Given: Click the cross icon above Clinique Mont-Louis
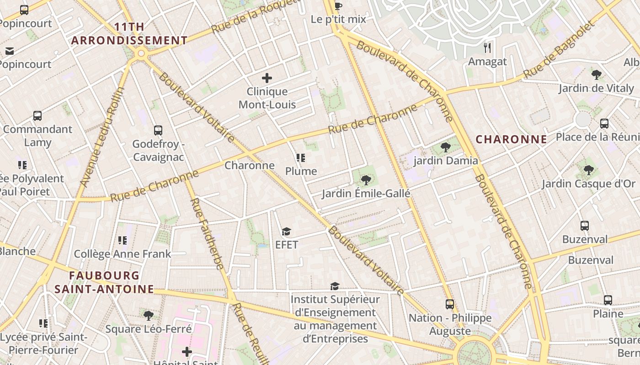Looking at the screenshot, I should [267, 78].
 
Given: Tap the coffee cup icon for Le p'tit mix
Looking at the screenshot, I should [338, 6].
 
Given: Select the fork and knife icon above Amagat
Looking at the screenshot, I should [488, 47].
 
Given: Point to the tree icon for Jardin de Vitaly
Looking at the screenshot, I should [596, 74].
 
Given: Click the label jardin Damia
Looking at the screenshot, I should [446, 161].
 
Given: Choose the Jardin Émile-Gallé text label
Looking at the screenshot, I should [366, 193].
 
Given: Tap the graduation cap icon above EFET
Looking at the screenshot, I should [286, 232].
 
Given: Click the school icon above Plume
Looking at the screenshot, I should [300, 158].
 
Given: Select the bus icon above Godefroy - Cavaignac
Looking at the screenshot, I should [158, 130].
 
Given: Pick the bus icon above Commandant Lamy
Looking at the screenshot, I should [37, 116].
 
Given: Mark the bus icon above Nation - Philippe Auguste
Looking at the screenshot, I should [450, 304].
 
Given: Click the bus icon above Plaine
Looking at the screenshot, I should [608, 300].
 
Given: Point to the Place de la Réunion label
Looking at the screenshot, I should [597, 137].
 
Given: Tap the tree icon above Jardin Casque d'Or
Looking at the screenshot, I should [588, 171].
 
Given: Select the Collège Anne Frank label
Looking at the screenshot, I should [123, 254].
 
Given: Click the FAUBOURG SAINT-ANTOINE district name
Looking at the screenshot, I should [104, 282].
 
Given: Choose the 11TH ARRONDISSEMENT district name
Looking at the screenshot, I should [129, 34].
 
